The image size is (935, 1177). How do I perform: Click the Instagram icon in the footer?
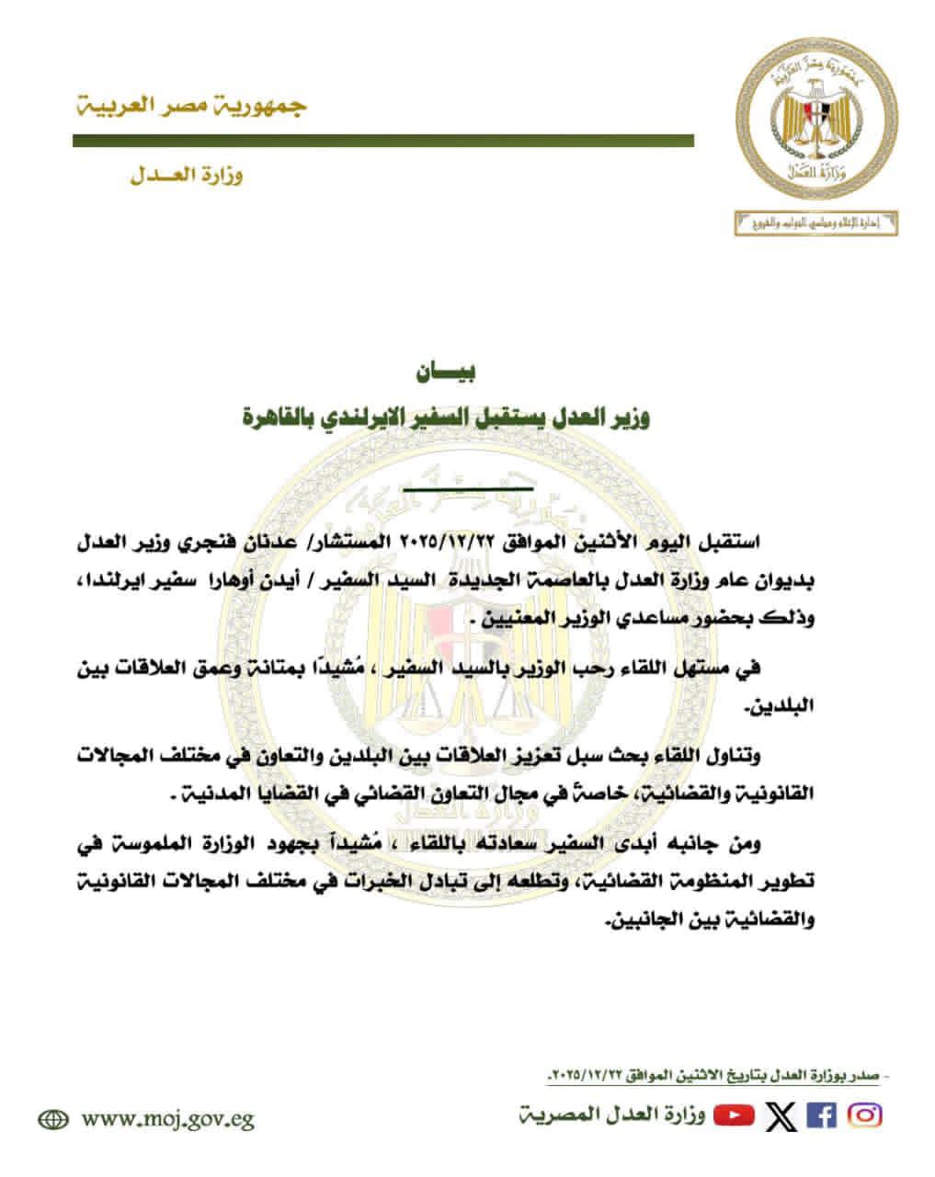tap(863, 1115)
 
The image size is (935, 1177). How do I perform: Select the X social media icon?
tap(781, 1115)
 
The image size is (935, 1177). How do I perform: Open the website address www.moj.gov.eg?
tap(167, 1119)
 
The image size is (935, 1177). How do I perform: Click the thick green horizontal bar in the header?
tap(383, 141)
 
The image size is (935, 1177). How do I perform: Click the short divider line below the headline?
tap(467, 487)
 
